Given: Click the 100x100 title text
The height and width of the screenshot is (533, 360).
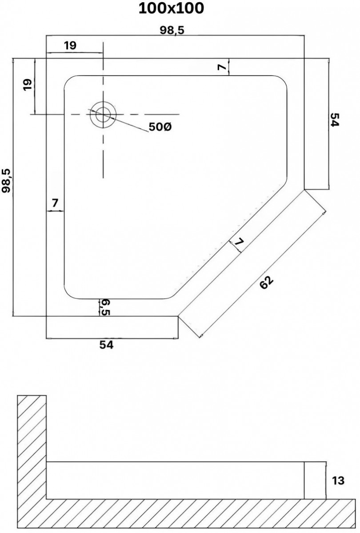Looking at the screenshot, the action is point(171,8).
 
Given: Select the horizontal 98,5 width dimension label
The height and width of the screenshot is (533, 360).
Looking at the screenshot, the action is point(172,30).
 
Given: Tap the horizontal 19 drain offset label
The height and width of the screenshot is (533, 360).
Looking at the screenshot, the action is point(70,45).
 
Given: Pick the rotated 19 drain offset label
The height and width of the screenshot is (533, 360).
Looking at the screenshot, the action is point(28,84).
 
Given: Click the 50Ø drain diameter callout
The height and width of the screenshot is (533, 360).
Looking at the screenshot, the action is point(160,127).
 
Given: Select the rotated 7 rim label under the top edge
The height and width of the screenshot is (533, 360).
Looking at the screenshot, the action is point(222,68).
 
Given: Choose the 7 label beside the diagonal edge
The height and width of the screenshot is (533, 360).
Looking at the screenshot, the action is point(239,243).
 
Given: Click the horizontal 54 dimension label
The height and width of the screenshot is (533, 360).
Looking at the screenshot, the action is point(106,345).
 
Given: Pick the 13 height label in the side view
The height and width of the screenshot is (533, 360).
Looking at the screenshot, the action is point(338,481).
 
